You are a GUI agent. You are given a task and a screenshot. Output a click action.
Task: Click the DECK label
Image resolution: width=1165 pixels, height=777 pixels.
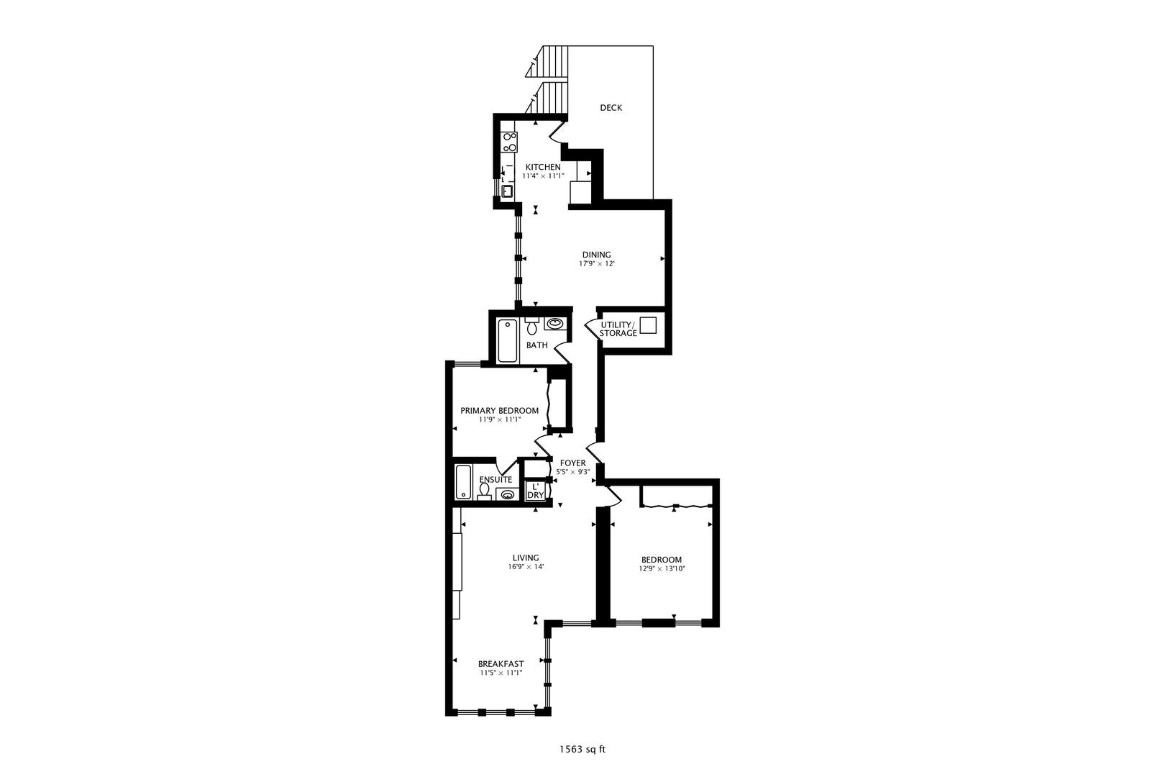click(x=611, y=108)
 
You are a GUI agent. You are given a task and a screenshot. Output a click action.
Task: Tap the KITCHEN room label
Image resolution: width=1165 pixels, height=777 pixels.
click(x=543, y=167)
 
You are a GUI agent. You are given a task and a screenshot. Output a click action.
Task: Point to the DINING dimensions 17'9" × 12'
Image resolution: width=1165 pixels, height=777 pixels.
click(x=597, y=264)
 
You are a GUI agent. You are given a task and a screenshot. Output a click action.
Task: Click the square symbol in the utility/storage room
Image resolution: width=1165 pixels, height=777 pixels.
click(x=648, y=325)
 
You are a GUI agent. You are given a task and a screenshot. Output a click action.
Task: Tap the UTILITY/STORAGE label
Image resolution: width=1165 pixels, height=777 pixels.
click(x=618, y=329)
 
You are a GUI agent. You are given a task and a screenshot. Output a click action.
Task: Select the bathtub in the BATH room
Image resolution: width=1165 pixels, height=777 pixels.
click(x=508, y=341)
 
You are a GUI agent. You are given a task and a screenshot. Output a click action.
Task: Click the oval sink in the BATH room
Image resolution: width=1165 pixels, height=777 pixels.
click(x=555, y=323)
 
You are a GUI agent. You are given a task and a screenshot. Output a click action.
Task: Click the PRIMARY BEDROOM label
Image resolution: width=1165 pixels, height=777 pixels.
click(x=499, y=411)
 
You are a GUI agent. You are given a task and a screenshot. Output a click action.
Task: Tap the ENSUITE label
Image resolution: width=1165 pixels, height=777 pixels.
click(x=495, y=480)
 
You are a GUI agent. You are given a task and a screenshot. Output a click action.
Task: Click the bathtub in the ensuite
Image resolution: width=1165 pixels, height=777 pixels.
click(x=463, y=481)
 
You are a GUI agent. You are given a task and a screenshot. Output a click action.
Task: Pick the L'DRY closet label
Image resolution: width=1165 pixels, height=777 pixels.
click(x=535, y=490)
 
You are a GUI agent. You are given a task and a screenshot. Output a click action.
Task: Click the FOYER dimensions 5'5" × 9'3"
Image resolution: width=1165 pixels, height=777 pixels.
click(x=573, y=472)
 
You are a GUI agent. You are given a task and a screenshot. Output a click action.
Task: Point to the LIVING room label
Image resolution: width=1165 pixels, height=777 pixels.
click(x=526, y=558)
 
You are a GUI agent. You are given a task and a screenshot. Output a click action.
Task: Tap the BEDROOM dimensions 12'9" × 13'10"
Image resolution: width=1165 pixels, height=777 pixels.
click(x=662, y=569)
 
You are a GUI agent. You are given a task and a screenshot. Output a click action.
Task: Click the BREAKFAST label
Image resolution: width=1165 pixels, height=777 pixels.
click(x=501, y=664)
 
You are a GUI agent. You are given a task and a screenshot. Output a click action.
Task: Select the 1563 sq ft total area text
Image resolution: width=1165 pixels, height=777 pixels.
click(x=582, y=750)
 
